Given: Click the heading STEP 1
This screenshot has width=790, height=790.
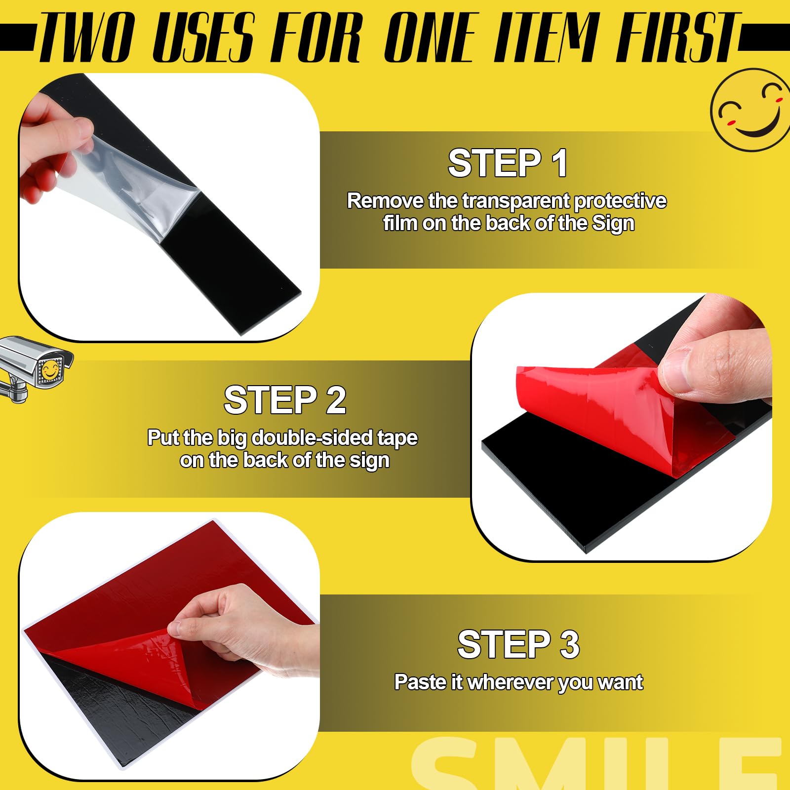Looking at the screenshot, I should (507, 163).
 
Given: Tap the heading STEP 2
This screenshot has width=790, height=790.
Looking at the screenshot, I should (285, 400).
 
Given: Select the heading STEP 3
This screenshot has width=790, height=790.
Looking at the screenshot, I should (518, 644).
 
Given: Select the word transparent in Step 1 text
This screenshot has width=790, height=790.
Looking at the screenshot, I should (516, 201).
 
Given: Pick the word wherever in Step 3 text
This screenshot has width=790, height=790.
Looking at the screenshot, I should (510, 682).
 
